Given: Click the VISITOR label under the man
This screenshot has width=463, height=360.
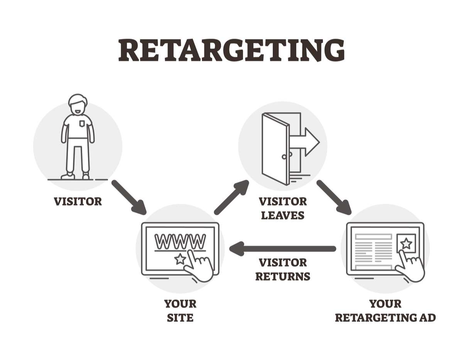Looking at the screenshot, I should [x=78, y=201].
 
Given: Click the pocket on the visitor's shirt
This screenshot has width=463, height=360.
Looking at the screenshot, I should [x=81, y=123].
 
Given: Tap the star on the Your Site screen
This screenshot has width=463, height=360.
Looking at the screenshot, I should [x=180, y=259].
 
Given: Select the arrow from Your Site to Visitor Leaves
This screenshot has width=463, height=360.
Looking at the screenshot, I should [x=231, y=197].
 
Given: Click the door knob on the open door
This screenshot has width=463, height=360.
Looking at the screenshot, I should [x=284, y=157].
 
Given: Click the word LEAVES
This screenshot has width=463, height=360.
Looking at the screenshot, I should [x=282, y=215].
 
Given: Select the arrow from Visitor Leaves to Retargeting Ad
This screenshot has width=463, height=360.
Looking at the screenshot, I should [x=334, y=197].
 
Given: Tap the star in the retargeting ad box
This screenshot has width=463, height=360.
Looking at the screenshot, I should [x=406, y=243].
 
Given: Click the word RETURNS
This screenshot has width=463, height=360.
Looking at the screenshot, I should [x=282, y=276].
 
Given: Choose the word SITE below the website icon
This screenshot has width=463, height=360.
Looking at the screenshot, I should [x=180, y=318].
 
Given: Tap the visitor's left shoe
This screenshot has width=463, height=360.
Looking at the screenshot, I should [x=86, y=176].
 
